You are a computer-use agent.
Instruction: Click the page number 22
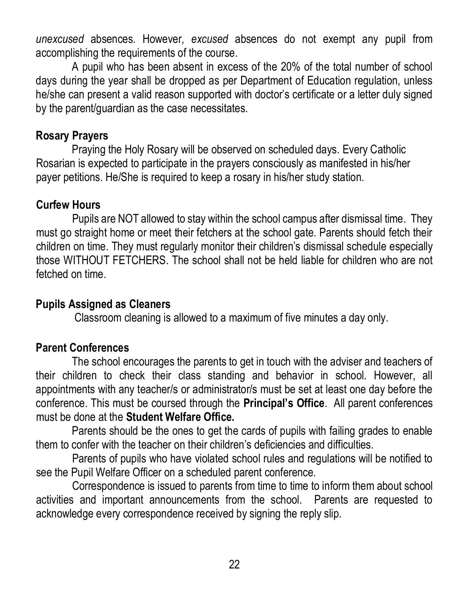(x=234, y=564)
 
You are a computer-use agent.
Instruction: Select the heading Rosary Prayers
(x=72, y=136)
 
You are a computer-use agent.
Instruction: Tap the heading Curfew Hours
(x=68, y=205)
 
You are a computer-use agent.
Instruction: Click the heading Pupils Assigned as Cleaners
(x=103, y=304)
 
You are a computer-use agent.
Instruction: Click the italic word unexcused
(x=60, y=40)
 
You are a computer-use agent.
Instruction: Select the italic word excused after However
(x=209, y=40)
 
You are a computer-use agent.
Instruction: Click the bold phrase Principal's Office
(x=284, y=403)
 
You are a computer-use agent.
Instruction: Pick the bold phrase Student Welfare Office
(x=180, y=417)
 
